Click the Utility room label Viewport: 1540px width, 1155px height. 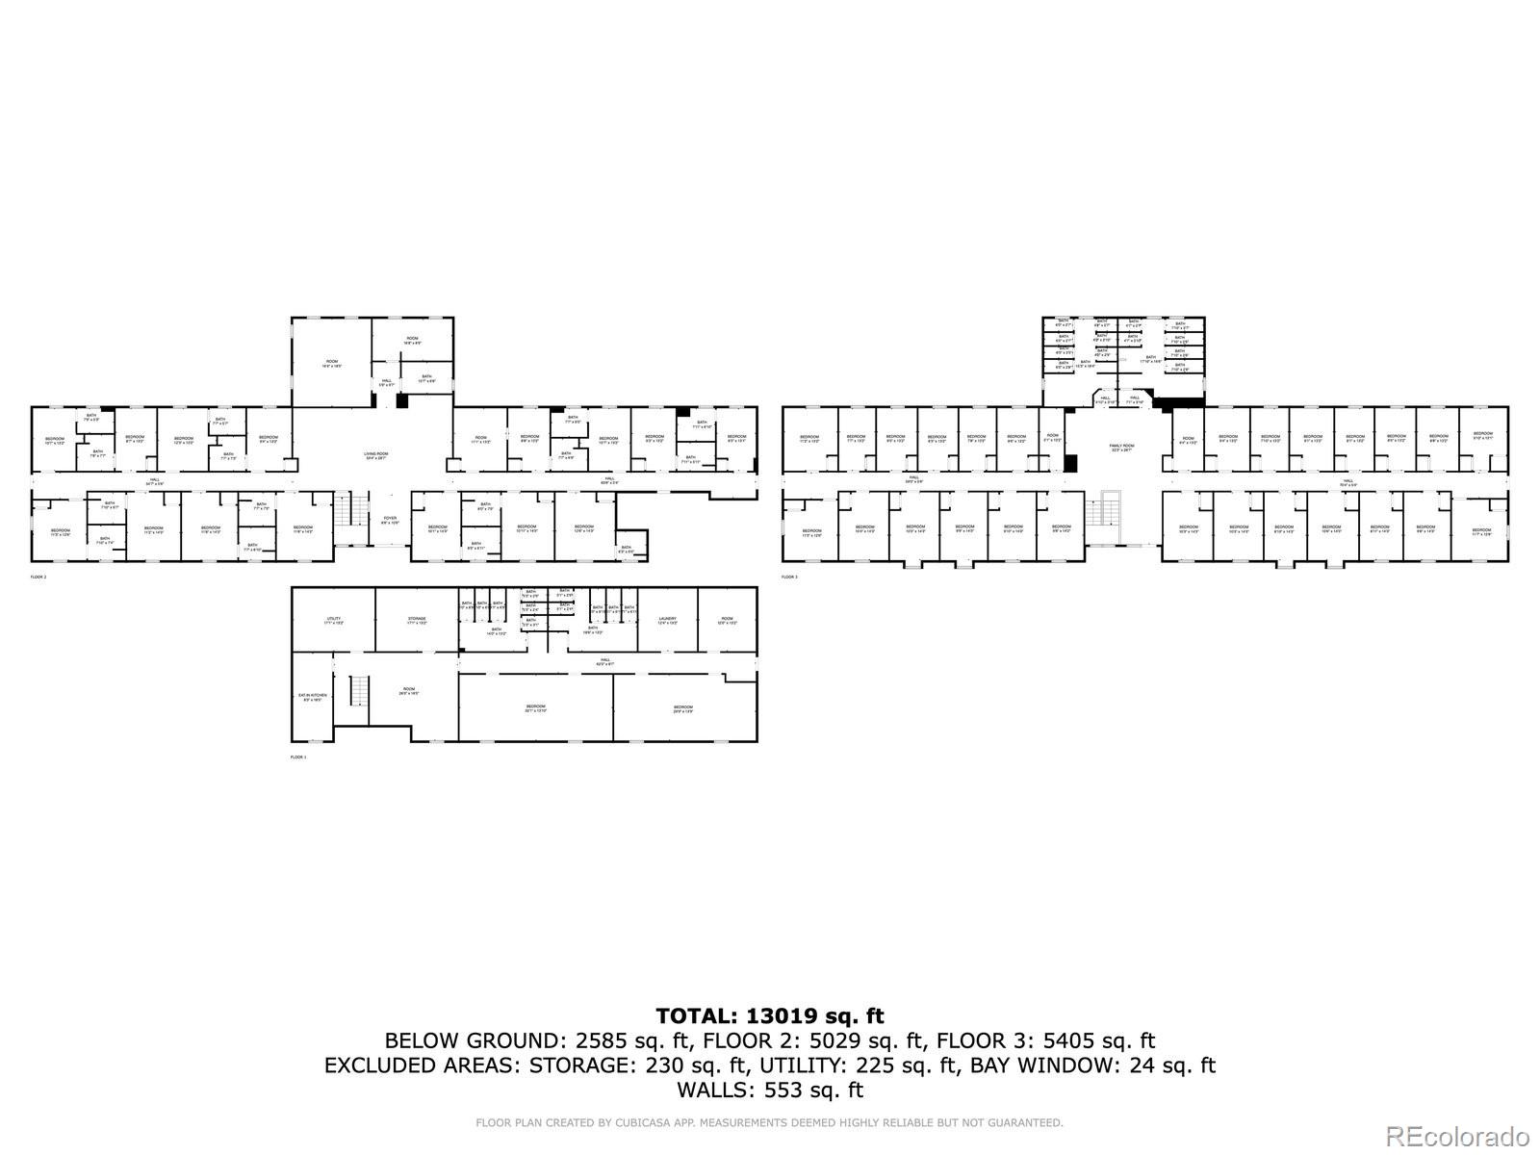(x=333, y=621)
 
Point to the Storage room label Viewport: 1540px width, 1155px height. (x=416, y=621)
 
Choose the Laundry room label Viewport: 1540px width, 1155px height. (x=668, y=621)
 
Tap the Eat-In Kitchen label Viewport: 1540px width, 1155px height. (x=312, y=697)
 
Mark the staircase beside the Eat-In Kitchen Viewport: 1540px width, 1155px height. (x=357, y=690)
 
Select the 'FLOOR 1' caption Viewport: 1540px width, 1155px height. (x=298, y=757)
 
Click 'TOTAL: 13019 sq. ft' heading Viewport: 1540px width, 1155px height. (x=770, y=1015)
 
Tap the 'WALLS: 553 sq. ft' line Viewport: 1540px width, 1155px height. (x=770, y=1091)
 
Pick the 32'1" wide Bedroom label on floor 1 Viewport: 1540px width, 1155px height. (x=536, y=709)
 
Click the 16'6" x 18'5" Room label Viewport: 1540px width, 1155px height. (x=331, y=365)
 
